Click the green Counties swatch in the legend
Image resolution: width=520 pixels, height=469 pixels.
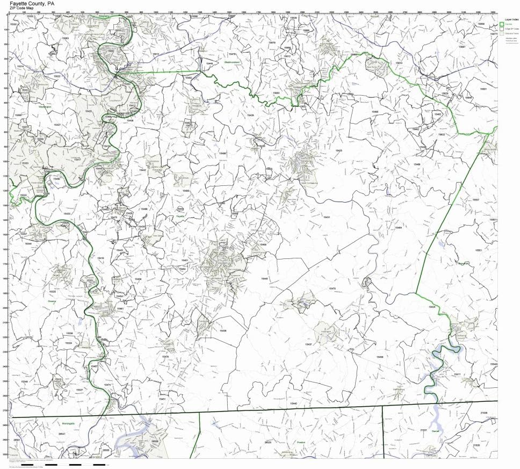502,24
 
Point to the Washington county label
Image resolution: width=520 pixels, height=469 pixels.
45,107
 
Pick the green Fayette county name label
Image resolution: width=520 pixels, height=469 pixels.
180,216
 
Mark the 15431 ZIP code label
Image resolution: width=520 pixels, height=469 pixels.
326,217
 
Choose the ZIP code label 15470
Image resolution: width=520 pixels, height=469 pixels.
331,289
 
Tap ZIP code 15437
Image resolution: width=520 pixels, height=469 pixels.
308,344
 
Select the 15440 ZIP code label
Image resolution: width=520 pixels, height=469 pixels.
293,403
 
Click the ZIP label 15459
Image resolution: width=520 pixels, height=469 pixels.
380,357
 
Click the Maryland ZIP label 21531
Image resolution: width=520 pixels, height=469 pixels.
423,430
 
